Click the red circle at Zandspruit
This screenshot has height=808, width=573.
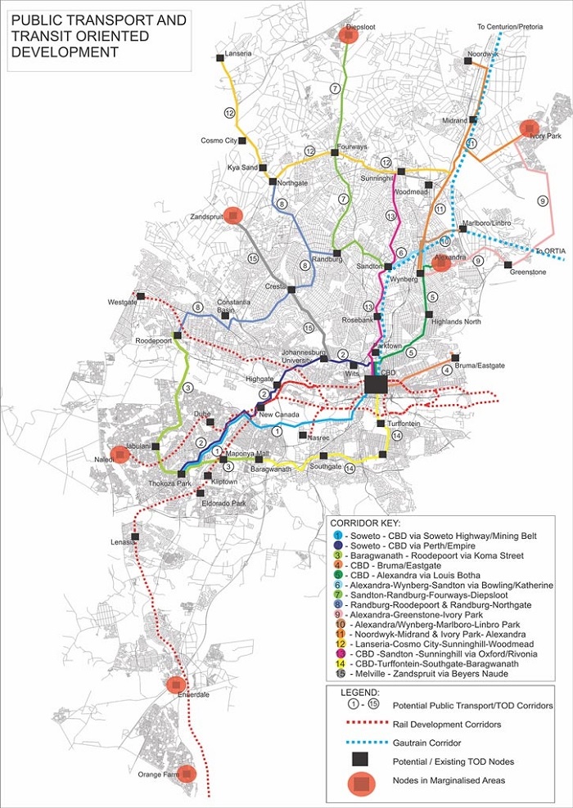pos(234,215)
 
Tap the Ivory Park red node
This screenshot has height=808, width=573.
pos(530,128)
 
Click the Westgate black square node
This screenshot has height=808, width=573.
pos(141,296)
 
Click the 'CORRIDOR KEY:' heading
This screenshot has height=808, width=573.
pos(361,519)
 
